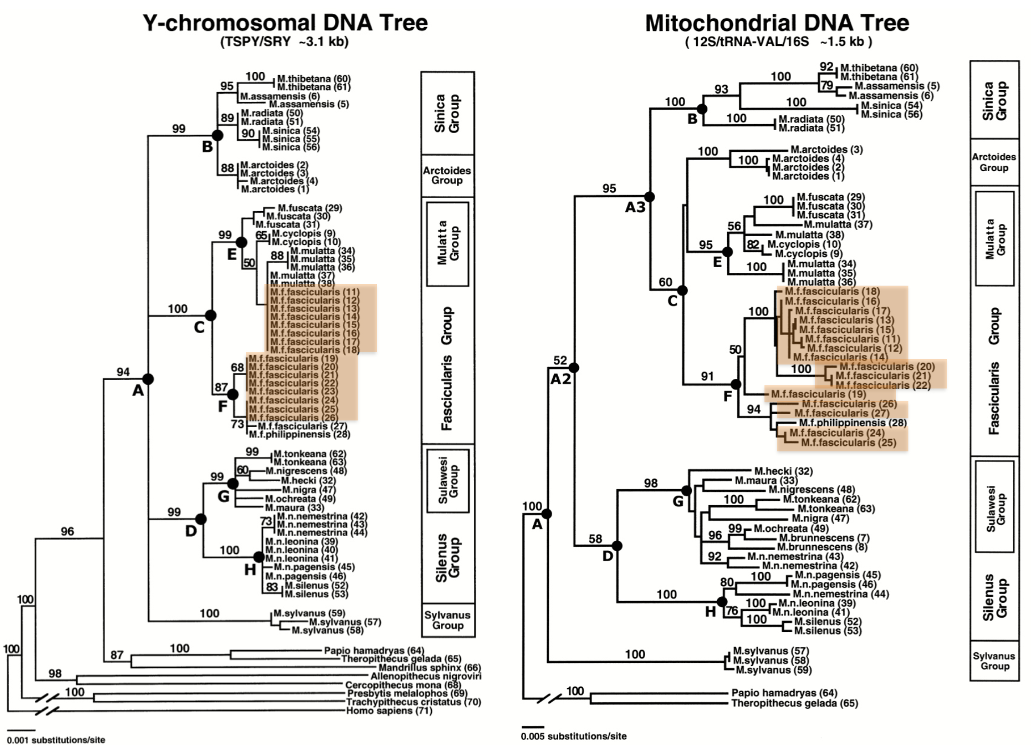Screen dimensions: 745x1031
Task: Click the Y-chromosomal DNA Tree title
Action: [285, 23]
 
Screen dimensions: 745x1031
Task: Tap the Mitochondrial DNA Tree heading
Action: [777, 23]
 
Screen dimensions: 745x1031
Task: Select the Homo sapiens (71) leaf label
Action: [389, 711]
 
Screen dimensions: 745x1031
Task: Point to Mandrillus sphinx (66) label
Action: [429, 668]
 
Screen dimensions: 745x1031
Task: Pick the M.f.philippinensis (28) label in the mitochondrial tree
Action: [852, 423]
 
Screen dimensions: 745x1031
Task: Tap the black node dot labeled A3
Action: [649, 197]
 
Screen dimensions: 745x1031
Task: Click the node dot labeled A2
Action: [574, 368]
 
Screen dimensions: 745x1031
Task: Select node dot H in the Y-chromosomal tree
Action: [259, 557]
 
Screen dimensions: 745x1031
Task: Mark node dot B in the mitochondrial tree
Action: [702, 109]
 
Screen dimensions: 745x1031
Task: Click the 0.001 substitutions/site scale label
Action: [56, 740]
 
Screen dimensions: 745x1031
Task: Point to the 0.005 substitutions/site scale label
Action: [574, 736]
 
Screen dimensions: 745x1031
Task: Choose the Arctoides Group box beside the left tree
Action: [447, 175]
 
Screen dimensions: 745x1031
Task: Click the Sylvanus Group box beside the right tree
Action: [994, 661]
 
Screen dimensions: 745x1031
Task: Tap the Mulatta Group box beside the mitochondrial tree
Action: [994, 238]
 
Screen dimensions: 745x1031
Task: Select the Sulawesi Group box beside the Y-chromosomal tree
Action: [448, 481]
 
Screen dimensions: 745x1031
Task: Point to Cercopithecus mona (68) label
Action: [403, 685]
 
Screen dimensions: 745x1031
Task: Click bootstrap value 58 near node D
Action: [595, 539]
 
